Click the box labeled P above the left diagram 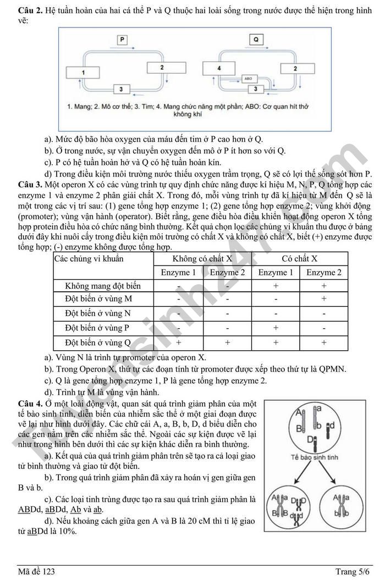point(122,40)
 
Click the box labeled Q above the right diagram point(256,40)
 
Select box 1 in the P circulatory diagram point(83,72)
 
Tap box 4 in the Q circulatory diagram point(219,68)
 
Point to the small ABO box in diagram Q point(248,79)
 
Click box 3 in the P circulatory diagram point(120,89)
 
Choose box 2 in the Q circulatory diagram point(296,69)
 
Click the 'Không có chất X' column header point(203,258)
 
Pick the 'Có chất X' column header point(299,258)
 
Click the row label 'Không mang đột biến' point(103,285)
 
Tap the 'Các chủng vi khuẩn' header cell point(89,258)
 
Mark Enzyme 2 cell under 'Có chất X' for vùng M point(323,299)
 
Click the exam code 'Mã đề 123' point(36,572)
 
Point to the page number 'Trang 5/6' point(353,572)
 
